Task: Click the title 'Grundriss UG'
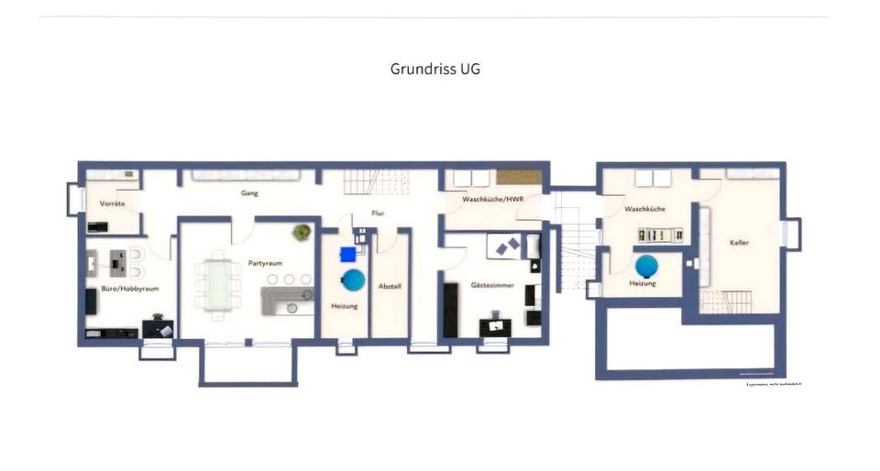pos(434,69)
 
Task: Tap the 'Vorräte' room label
pos(112,203)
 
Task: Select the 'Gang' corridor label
pos(248,193)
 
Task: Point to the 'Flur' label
pos(377,214)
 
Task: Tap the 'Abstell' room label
pos(390,286)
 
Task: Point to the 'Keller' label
pos(740,243)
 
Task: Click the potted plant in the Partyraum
pos(302,233)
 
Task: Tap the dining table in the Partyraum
pos(218,284)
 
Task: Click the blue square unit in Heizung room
pos(347,255)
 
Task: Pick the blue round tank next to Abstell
pos(352,279)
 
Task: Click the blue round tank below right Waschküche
pos(646,266)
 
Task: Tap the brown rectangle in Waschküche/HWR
pos(519,178)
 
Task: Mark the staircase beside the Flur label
pos(362,182)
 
